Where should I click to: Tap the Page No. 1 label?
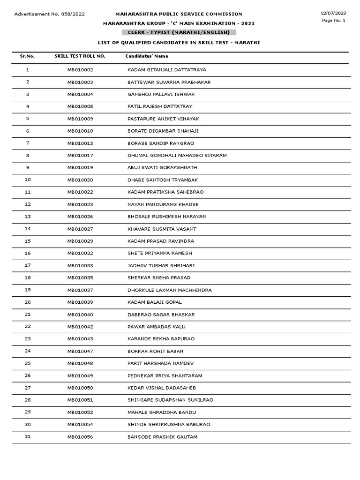334,21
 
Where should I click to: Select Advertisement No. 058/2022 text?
50,14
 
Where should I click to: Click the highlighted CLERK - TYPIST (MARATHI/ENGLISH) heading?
179,32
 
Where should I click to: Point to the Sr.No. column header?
27,56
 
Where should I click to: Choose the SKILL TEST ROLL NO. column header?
80,56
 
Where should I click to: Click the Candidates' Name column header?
147,56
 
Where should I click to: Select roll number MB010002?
80,70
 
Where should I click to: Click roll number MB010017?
80,155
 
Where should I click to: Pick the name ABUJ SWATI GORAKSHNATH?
162,167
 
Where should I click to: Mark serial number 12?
28,204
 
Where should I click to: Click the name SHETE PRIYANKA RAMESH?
159,253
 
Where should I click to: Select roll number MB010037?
80,290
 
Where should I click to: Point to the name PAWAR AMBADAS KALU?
154,327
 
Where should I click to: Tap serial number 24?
28,351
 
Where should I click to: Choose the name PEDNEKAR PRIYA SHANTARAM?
165,375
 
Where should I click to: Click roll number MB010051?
80,400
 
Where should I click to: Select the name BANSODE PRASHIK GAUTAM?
162,437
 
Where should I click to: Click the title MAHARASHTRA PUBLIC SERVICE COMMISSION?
179,14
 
